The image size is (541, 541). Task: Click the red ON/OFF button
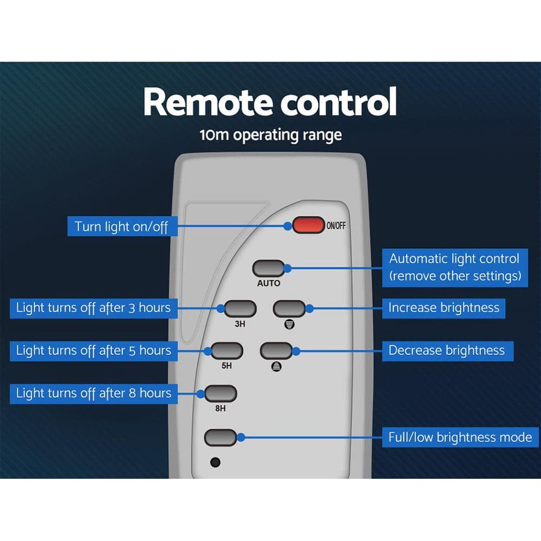point(308,225)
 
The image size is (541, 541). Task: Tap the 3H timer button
point(240,308)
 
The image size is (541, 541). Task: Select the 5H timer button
point(227,351)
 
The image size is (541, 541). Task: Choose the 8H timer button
point(221,394)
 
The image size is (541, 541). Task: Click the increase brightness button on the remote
point(289,308)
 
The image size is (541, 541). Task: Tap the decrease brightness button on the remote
point(276,351)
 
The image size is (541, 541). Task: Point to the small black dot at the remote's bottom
point(215,463)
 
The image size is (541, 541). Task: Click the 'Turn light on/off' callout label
point(122,226)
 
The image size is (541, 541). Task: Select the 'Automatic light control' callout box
point(455,268)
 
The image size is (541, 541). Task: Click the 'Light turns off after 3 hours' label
point(94,308)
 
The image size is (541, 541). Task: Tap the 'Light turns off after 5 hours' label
point(94,351)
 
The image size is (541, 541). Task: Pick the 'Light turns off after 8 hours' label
point(94,394)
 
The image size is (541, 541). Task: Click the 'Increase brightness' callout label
point(444,308)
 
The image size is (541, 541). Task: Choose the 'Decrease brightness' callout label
point(448,351)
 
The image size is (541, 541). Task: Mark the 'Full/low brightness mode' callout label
point(460,437)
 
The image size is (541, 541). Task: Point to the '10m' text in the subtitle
point(214,135)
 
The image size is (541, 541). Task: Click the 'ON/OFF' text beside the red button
point(336,226)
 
